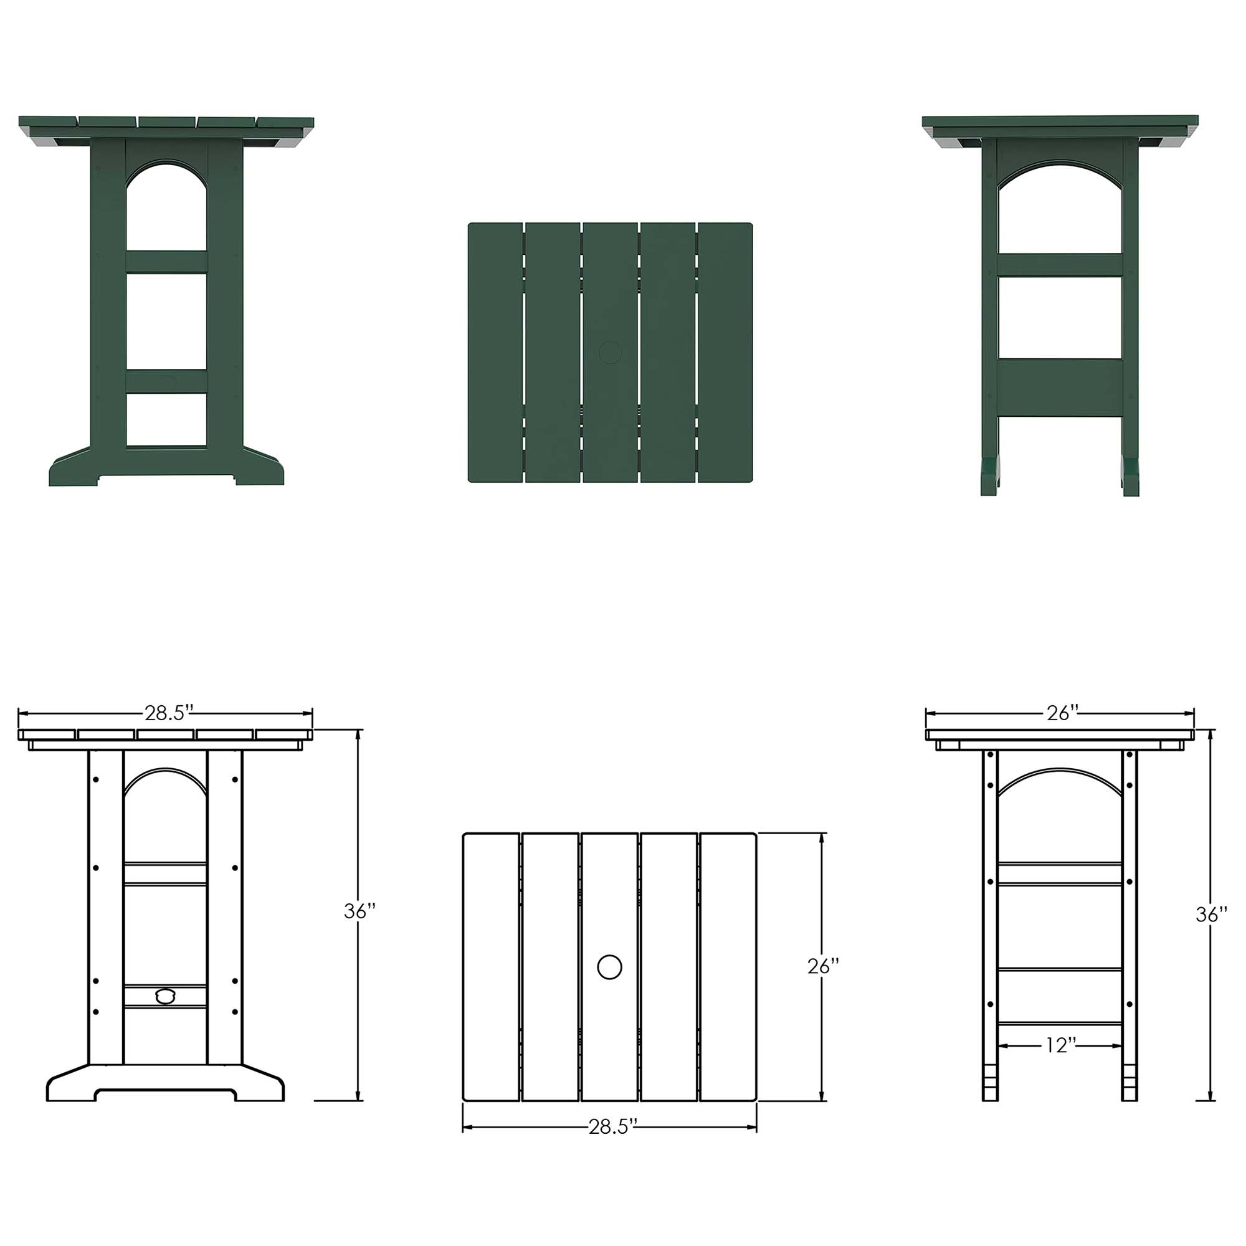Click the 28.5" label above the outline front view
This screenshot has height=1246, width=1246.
(x=169, y=713)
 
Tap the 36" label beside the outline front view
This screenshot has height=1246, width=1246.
(x=360, y=911)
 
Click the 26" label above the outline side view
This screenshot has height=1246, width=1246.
(x=1062, y=713)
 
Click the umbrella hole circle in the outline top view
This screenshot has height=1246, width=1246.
(x=609, y=968)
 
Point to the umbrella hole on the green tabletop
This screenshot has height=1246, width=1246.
(x=609, y=352)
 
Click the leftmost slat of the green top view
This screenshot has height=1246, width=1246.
(x=495, y=352)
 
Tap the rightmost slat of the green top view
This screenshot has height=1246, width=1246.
(x=726, y=352)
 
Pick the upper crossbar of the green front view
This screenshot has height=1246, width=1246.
(x=166, y=262)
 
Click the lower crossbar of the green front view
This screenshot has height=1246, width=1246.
(x=166, y=381)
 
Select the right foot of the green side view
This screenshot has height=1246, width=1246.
(x=1131, y=477)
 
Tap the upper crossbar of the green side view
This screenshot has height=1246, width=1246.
(x=1061, y=265)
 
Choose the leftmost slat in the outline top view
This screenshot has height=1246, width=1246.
(x=492, y=968)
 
